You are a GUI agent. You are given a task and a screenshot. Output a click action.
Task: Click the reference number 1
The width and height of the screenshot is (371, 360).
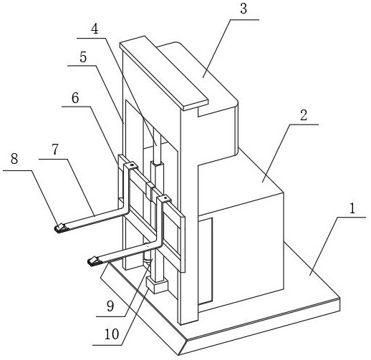(x=352, y=208)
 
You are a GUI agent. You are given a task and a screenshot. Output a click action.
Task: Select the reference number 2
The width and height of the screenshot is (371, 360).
(x=304, y=115)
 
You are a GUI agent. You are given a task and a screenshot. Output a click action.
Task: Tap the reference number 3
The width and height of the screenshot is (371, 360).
(x=244, y=9)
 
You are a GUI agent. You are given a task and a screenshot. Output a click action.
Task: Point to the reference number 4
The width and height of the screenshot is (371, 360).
(x=95, y=29)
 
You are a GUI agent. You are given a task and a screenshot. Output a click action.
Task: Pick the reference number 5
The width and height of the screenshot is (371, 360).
(x=83, y=57)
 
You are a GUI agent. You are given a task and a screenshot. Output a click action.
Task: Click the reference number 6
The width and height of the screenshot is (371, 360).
(x=75, y=98)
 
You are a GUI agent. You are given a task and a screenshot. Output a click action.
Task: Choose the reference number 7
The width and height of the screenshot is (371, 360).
(x=55, y=150)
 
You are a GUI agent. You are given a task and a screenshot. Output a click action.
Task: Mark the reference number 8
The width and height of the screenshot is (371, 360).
(x=14, y=158)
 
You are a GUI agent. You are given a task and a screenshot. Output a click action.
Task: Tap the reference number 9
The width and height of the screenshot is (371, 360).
(x=110, y=306)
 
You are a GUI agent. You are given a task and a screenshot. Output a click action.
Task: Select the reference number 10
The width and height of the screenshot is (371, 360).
(x=112, y=334)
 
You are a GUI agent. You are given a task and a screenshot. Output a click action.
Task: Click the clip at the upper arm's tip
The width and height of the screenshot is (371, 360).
(x=61, y=228)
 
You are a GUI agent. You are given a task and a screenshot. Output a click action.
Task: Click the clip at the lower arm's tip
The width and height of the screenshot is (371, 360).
(x=95, y=261)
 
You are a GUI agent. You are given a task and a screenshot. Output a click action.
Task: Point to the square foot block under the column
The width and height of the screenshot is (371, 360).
(x=157, y=285)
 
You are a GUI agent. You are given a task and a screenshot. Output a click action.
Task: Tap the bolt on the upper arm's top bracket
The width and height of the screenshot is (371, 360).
(x=131, y=165)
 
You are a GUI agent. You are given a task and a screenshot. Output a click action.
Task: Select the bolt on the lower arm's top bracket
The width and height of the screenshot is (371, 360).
(x=165, y=198)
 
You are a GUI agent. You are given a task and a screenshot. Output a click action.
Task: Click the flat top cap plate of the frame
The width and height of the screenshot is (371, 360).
(x=164, y=73)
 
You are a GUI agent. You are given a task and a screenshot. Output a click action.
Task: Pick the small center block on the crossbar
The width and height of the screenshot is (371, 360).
(x=150, y=192)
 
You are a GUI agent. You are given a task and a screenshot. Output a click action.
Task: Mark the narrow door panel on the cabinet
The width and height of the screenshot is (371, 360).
(x=206, y=261)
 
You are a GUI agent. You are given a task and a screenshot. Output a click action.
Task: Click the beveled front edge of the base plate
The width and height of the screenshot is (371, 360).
(x=143, y=310)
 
